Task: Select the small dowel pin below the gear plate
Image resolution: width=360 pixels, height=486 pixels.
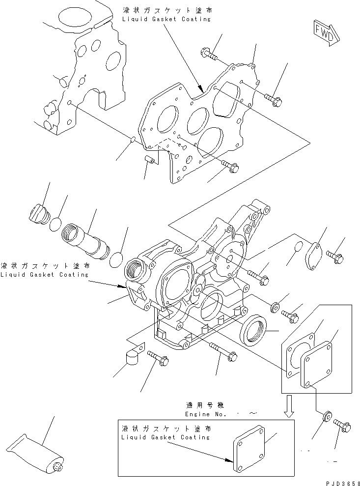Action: coord(150,160)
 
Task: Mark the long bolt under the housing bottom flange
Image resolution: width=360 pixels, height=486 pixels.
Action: coord(221,351)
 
